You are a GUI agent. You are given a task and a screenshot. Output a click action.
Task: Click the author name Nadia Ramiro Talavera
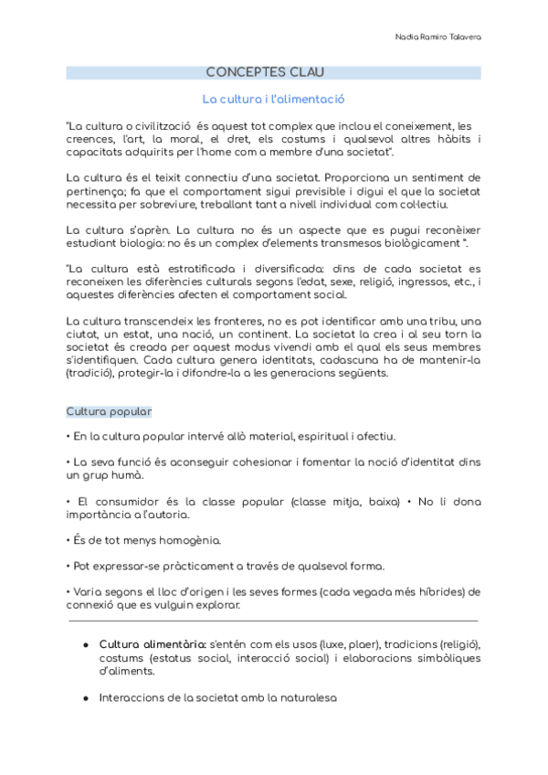coord(438,37)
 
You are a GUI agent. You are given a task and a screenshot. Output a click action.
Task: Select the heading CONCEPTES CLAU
coord(265,72)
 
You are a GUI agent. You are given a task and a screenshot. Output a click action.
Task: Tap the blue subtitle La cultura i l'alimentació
coord(273,99)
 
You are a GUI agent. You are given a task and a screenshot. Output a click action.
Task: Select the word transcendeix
coord(153,321)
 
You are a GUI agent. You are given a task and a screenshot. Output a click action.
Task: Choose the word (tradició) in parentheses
coord(92,372)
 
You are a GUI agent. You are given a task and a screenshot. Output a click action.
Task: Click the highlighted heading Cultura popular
coord(109,411)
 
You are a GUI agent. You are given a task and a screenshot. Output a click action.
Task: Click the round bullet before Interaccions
coord(85,697)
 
